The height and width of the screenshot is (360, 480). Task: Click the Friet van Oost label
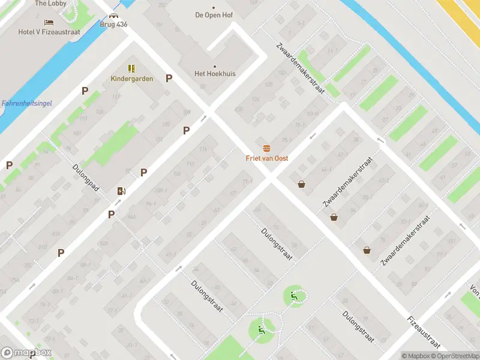tap(266, 158)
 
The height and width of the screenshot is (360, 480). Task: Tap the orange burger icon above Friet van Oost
tap(266, 148)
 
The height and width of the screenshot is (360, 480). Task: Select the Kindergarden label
tap(131, 79)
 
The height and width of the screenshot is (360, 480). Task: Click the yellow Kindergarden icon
tap(131, 68)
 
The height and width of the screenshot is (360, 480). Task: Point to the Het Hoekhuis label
tap(215, 74)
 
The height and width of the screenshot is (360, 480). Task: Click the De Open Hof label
tap(214, 15)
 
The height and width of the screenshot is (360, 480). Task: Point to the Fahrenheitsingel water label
tap(26, 103)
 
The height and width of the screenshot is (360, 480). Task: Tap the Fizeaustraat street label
tap(423, 332)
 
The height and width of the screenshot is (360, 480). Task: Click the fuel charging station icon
tap(122, 191)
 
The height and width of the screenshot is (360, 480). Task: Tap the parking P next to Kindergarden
tap(169, 78)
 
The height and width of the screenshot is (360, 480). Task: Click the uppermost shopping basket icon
tap(301, 184)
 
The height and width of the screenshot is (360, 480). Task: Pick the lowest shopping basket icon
tap(366, 250)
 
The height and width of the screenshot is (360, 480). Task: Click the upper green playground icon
tap(293, 295)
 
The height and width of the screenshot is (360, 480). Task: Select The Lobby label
tap(50, 4)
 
